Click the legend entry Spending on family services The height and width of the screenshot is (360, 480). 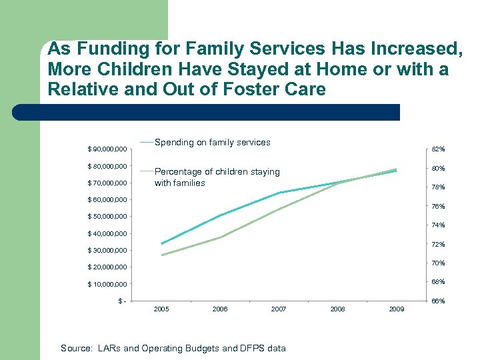tap(212, 142)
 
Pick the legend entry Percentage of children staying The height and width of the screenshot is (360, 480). tap(217, 171)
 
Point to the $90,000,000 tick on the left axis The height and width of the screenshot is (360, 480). tap(108, 149)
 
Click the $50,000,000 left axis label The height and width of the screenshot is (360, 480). tap(108, 217)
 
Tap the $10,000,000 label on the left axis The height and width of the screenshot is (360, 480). tap(108, 285)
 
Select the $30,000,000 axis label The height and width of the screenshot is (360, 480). tap(108, 251)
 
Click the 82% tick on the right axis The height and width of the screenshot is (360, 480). tap(437, 149)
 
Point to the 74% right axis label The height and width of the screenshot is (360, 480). tap(437, 225)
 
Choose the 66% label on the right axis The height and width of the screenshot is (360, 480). tap(437, 301)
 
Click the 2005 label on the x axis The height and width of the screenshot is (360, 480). tap(161, 309)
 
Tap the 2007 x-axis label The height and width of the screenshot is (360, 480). tap(279, 309)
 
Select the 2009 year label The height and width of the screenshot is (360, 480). tap(396, 309)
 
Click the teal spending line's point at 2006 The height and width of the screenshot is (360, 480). tap(220, 215)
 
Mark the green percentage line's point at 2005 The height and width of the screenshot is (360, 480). tap(161, 255)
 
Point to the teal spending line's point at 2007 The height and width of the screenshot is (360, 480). tap(279, 193)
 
